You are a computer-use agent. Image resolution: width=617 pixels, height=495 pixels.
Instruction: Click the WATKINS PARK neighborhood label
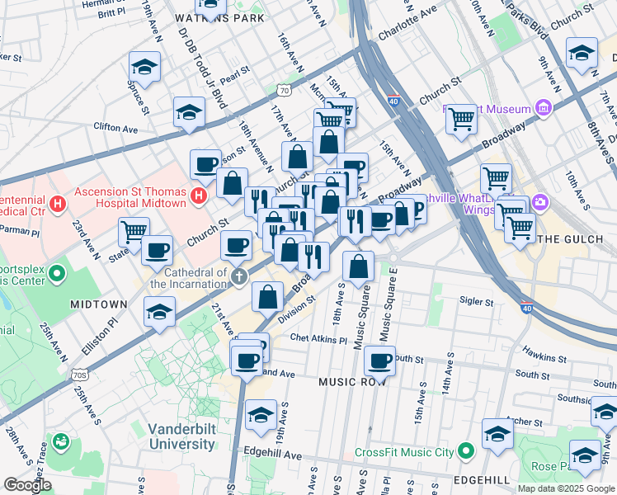coord(220,18)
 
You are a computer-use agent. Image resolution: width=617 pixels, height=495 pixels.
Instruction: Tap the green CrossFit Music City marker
coord(466,451)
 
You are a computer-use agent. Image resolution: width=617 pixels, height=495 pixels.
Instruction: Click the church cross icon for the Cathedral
coord(239,276)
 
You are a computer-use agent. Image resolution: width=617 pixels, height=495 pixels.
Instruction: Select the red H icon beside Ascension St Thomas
coord(198,196)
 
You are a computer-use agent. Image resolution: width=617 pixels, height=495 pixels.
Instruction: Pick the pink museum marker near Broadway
coord(543,108)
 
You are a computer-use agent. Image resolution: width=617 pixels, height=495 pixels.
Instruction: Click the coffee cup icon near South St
coord(379,360)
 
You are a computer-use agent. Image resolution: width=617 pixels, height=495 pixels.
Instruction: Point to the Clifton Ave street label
coord(115,129)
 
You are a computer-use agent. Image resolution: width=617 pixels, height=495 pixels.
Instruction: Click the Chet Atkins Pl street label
coord(318,339)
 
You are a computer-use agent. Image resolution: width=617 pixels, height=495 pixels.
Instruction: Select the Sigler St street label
coord(476,302)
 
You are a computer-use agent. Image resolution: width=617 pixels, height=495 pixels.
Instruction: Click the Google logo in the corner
coord(27,485)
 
